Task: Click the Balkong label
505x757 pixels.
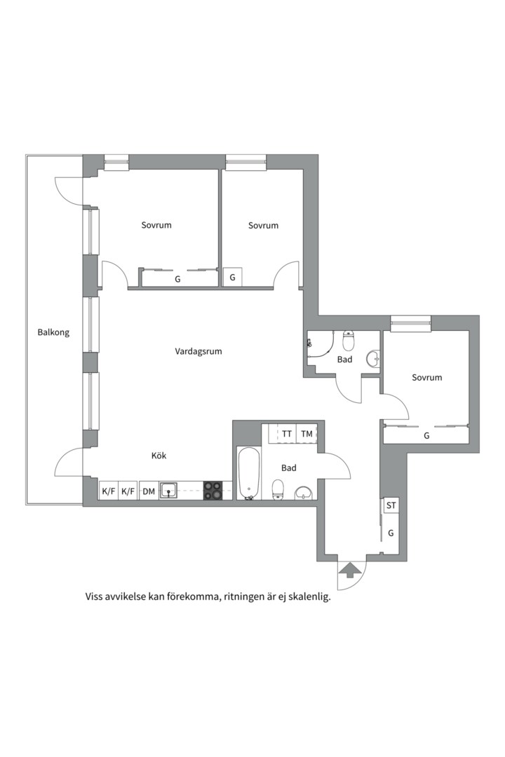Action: point(53,332)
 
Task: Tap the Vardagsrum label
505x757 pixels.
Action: point(198,351)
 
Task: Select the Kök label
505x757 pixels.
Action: point(159,456)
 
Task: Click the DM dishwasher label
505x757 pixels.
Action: point(148,492)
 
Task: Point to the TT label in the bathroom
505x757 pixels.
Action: point(287,434)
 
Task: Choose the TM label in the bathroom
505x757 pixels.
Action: point(307,434)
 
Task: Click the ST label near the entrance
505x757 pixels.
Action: point(391,505)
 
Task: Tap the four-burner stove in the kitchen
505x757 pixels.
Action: point(213,491)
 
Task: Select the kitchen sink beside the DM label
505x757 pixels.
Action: point(168,491)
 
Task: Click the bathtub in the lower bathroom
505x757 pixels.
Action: point(248,474)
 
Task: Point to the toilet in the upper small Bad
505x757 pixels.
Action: point(349,341)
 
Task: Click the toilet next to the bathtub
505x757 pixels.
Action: point(278,489)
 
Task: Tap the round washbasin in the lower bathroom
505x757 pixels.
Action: point(303,493)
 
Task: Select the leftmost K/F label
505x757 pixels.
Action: point(108,492)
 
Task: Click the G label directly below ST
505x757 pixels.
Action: point(391,533)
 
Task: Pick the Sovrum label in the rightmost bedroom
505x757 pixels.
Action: point(427,377)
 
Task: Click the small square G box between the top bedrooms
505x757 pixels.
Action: point(233,278)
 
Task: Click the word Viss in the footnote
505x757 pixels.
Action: point(95,598)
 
